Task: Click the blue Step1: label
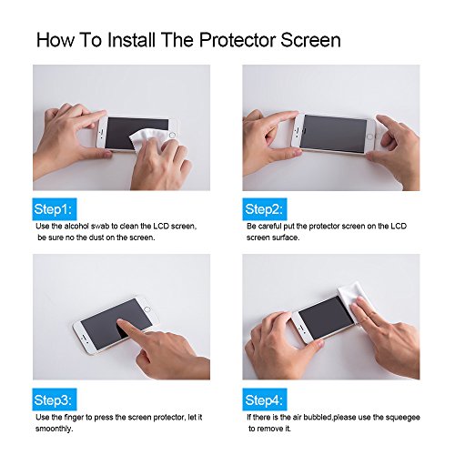55,209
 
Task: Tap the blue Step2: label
265,209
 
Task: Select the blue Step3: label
55,399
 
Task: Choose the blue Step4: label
265,399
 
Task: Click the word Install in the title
132,40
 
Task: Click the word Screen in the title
310,40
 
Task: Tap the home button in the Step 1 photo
172,135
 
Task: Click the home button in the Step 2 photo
369,136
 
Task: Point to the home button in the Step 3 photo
147,309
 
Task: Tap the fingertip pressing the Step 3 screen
120,322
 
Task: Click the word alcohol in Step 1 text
77,227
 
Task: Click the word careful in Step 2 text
269,227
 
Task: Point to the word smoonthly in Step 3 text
54,429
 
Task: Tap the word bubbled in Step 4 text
318,418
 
